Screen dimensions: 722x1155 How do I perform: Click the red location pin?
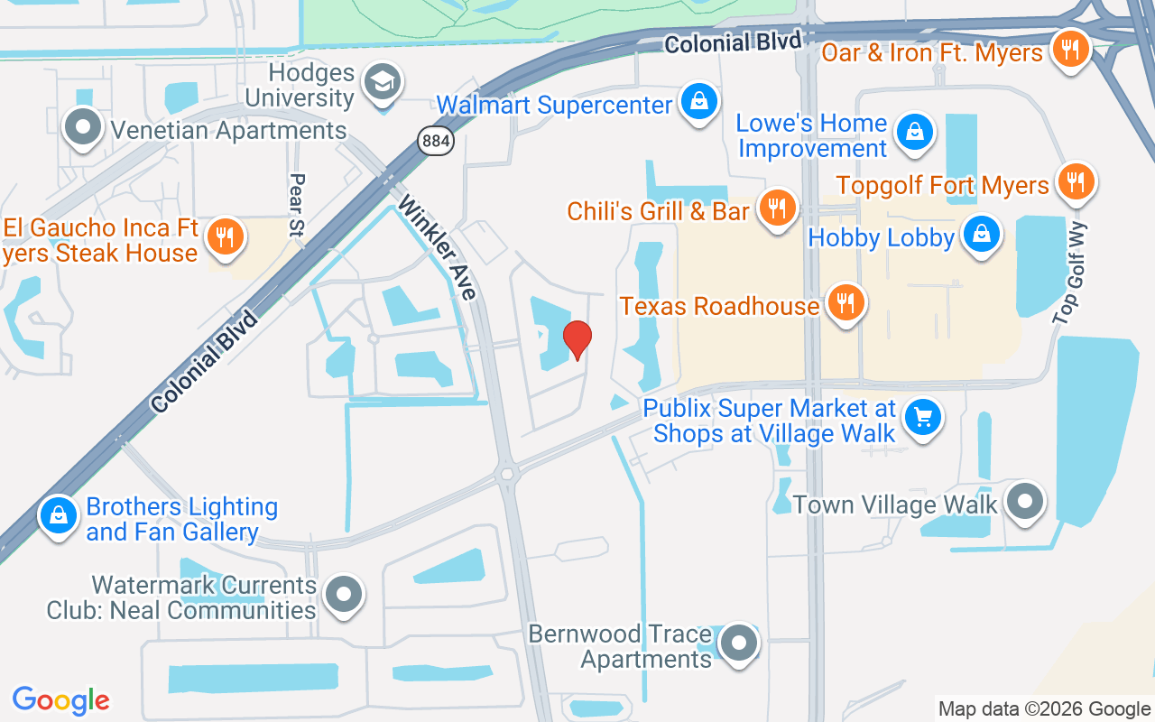tap(577, 339)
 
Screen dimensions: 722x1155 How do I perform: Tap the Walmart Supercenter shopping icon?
tap(699, 101)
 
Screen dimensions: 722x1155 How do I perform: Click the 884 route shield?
tap(436, 141)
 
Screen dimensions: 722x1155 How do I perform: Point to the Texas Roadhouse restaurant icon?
tap(845, 303)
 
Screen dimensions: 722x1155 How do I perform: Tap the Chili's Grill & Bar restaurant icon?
tap(775, 208)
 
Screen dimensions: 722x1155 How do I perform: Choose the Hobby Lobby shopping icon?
tap(981, 235)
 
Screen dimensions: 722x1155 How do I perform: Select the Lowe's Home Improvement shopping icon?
tap(915, 134)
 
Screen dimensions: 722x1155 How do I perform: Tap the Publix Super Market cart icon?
tap(922, 418)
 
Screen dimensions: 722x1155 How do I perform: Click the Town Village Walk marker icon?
tap(1024, 501)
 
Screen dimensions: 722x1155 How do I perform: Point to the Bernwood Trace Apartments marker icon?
tap(740, 643)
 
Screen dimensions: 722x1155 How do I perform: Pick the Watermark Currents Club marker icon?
tap(343, 596)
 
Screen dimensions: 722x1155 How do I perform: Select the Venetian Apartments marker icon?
tap(84, 127)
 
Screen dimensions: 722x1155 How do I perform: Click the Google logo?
tap(61, 700)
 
